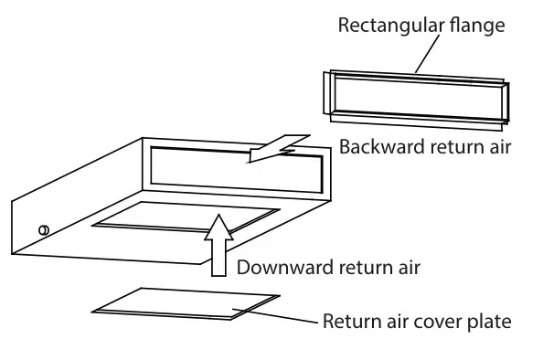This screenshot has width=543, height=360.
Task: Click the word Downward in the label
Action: click(280, 268)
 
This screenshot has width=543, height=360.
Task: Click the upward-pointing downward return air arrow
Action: click(219, 241)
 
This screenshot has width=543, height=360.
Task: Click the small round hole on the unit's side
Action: click(43, 229)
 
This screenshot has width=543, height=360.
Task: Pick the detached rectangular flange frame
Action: click(415, 95)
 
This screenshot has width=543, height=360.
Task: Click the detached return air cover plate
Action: click(183, 305)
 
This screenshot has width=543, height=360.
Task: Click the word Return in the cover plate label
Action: click(346, 322)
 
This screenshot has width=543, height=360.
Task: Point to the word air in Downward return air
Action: click(407, 268)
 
